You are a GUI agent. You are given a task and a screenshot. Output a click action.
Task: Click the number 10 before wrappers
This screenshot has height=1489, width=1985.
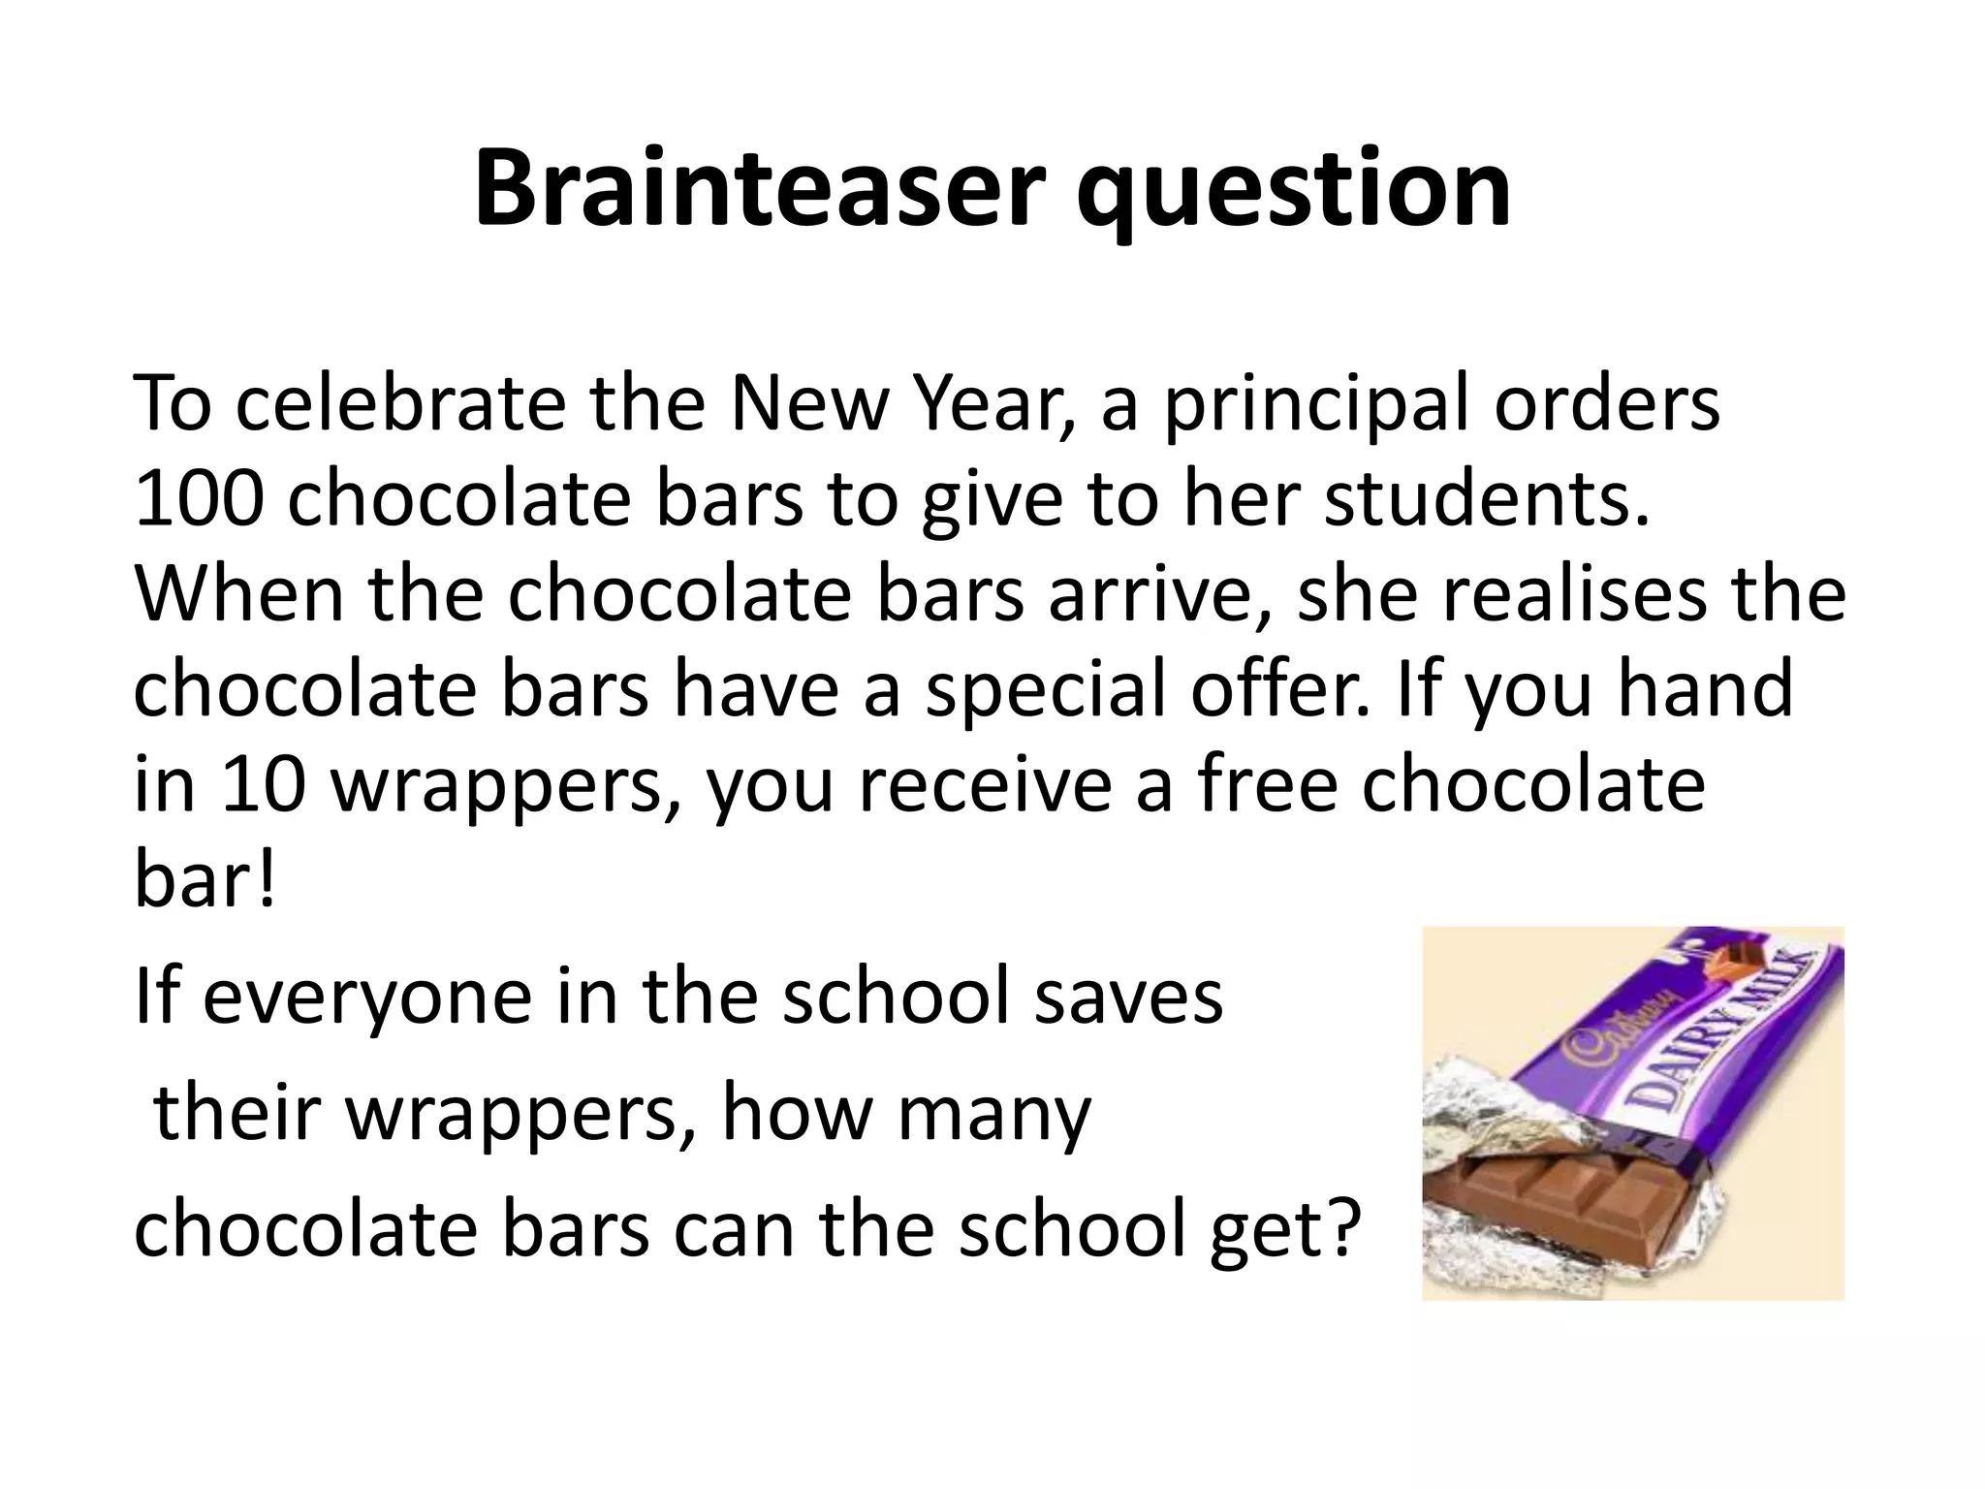263,785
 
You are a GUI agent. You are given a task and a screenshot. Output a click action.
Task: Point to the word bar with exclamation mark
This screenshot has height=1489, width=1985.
205,880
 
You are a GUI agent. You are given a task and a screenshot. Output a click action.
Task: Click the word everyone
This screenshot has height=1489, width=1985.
367,998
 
